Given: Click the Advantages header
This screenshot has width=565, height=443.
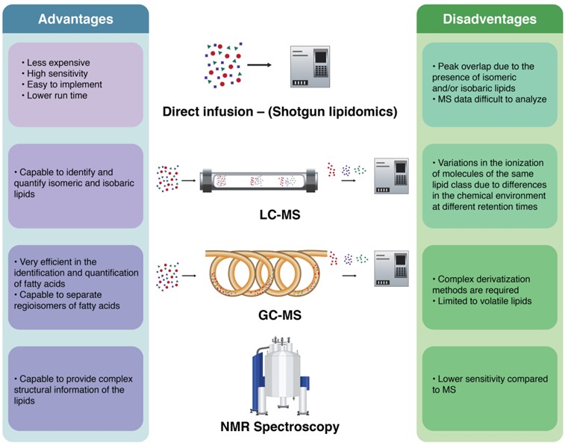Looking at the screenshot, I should pyautogui.click(x=75, y=19).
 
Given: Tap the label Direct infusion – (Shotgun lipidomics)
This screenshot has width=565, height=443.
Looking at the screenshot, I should pyautogui.click(x=280, y=113).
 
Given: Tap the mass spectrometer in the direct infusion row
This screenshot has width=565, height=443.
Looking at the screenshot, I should pyautogui.click(x=309, y=66).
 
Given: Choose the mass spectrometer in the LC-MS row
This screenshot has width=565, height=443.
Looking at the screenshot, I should pyautogui.click(x=391, y=176).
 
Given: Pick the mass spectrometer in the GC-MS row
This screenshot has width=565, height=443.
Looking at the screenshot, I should pyautogui.click(x=391, y=269).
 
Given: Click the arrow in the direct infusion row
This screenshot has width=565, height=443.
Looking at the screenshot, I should pyautogui.click(x=259, y=65).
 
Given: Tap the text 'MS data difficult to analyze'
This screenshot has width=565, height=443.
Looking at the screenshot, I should pyautogui.click(x=490, y=99).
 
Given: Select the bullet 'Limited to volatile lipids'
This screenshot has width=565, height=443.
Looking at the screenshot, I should pyautogui.click(x=484, y=301).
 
